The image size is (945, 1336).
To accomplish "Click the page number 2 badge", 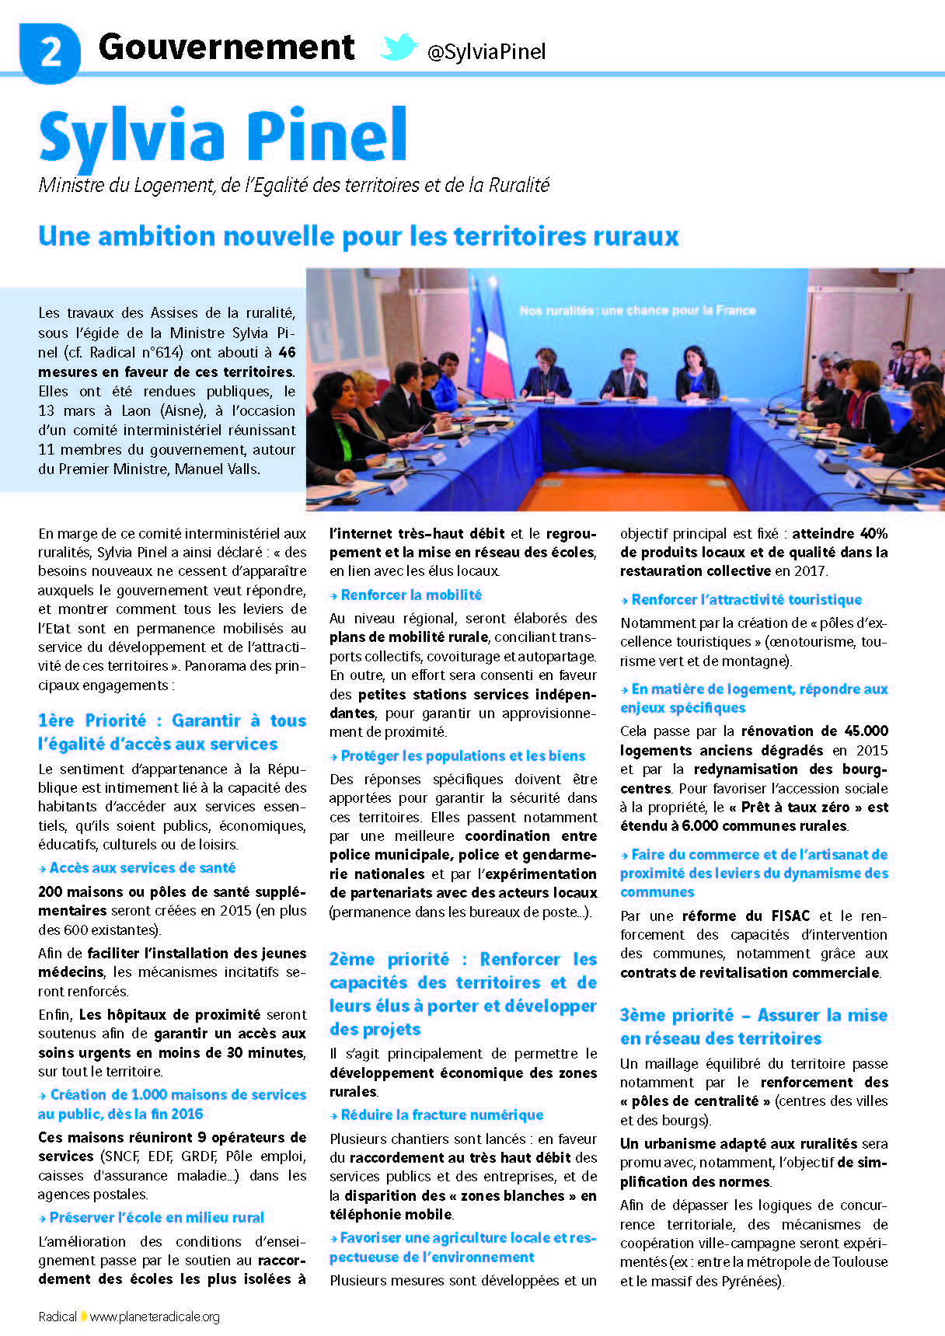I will (x=50, y=52).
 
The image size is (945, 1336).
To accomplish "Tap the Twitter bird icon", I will (x=399, y=48).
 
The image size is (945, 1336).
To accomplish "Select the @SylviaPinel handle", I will (x=486, y=52).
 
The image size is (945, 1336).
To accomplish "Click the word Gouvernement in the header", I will (x=226, y=47).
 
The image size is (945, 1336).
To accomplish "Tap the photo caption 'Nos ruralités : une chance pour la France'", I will (x=637, y=310).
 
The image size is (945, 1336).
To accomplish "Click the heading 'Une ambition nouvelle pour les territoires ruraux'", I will (x=358, y=236).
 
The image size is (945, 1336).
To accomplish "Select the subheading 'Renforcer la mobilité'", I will (x=411, y=595).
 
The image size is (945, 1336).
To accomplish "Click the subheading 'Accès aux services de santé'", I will (x=142, y=868).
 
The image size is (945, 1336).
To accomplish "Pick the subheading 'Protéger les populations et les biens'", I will (x=462, y=756).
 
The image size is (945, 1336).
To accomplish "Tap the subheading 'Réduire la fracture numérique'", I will (x=441, y=1115).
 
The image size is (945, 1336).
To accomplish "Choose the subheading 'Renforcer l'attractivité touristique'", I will (x=746, y=600).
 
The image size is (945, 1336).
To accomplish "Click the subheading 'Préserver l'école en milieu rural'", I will (x=156, y=1218).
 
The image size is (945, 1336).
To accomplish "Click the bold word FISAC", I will (x=790, y=916).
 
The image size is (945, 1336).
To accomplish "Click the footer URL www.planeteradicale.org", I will (x=155, y=1317).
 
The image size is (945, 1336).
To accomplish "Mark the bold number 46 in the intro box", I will (x=287, y=352).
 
